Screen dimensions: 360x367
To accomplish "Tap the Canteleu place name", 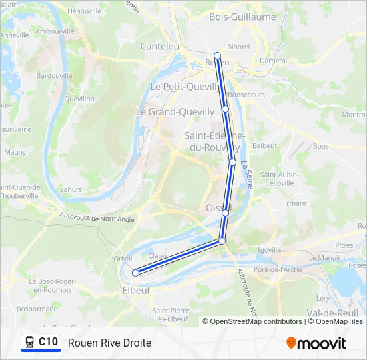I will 160,46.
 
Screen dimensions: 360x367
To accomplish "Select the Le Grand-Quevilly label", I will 175,111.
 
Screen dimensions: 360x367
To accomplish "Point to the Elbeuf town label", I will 136,290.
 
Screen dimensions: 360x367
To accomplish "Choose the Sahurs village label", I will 70,189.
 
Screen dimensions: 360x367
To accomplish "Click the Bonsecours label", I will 246,95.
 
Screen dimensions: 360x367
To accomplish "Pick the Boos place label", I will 320,146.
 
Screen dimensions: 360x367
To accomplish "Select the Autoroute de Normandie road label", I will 97,218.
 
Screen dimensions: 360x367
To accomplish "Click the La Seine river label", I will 246,174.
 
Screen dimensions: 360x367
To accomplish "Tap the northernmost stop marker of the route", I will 217,55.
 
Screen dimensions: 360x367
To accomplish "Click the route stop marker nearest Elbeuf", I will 135,272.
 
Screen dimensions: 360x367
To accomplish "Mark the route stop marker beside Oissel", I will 226,213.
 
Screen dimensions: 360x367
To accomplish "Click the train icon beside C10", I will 29,342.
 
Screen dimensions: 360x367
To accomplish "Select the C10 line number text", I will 48,342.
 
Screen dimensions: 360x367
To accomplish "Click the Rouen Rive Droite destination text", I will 109,343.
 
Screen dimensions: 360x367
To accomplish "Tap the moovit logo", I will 316,343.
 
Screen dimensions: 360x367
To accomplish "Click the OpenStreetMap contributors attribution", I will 256,321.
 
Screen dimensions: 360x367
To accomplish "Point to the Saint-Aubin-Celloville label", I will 277,179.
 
